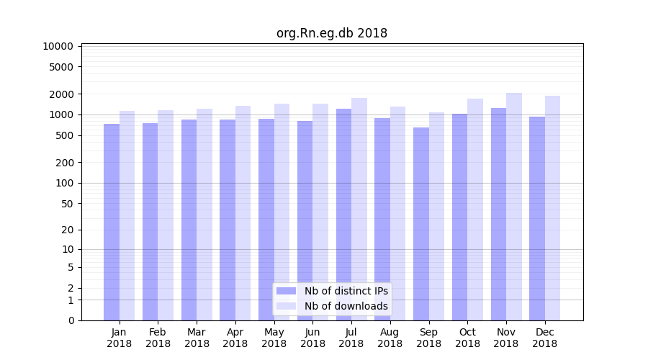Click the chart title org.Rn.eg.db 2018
point(332,33)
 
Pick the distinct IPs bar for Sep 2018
point(421,224)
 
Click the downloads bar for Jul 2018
point(359,209)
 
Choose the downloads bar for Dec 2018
point(553,208)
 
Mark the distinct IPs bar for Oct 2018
point(460,217)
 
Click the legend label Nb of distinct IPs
point(346,291)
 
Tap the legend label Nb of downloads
point(346,306)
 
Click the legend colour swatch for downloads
point(287,306)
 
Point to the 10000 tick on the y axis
point(58,46)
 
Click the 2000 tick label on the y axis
point(61,94)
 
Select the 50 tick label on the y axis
point(66,204)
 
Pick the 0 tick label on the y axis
point(71,320)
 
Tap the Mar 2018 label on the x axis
point(197,338)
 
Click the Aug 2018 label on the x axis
point(390,338)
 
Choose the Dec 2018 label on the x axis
point(544,338)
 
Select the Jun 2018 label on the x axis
point(312,338)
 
